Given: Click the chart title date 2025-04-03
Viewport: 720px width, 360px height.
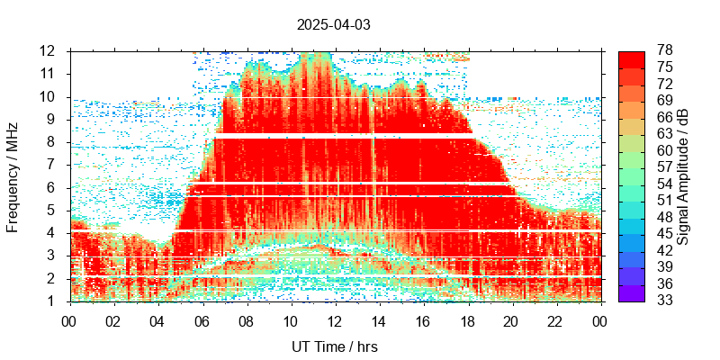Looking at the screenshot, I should pyautogui.click(x=333, y=24).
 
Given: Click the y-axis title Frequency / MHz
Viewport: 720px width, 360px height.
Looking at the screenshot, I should pyautogui.click(x=13, y=175).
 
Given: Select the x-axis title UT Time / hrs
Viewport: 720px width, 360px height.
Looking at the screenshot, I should pyautogui.click(x=334, y=346).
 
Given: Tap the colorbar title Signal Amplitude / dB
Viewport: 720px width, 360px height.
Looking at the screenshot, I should pyautogui.click(x=683, y=175).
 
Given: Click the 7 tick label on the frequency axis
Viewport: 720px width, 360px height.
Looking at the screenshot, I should pyautogui.click(x=52, y=165).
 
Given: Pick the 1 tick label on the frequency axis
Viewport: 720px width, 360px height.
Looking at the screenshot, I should pyautogui.click(x=52, y=301).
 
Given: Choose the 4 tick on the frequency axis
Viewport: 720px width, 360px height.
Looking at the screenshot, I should pyautogui.click(x=52, y=233).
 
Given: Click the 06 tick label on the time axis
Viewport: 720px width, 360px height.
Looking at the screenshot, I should pyautogui.click(x=202, y=319).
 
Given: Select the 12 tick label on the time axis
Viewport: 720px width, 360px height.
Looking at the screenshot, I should pyautogui.click(x=334, y=319).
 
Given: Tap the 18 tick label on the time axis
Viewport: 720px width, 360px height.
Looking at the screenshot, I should pyautogui.click(x=467, y=319).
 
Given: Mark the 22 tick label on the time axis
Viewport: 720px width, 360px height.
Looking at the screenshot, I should pyautogui.click(x=555, y=319).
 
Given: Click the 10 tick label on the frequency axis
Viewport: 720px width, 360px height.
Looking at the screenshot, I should pyautogui.click(x=49, y=96).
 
